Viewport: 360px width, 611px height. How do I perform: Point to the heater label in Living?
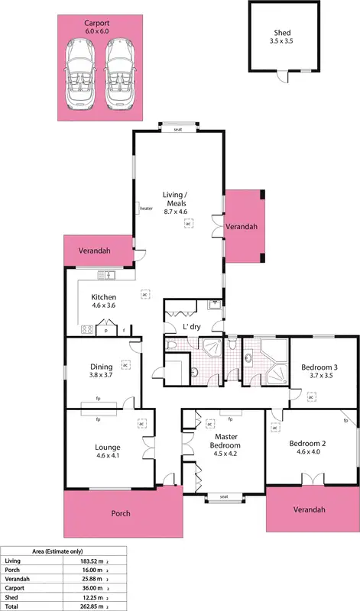(x=147, y=207)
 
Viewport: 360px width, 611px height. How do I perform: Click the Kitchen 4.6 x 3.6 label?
(x=103, y=301)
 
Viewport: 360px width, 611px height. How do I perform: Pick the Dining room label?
(x=101, y=371)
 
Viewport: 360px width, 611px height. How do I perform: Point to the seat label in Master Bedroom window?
(x=224, y=497)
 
